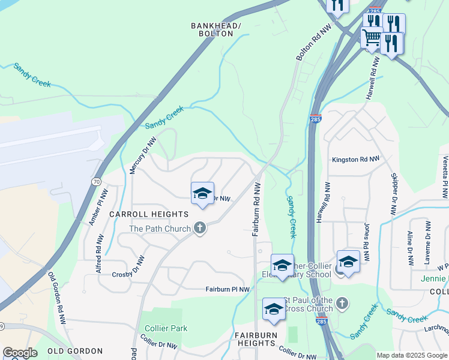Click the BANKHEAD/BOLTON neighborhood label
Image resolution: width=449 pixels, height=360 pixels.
pyautogui.click(x=215, y=29)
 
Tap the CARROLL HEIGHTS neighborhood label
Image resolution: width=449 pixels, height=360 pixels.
pyautogui.click(x=149, y=214)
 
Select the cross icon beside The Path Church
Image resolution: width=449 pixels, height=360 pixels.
pyautogui.click(x=200, y=228)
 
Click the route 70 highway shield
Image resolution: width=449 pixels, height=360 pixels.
pyautogui.click(x=96, y=181)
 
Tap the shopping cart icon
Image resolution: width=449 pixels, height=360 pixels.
pyautogui.click(x=371, y=38)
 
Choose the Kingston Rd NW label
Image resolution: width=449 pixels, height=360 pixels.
pyautogui.click(x=355, y=160)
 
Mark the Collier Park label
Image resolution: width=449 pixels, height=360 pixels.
pyautogui.click(x=166, y=328)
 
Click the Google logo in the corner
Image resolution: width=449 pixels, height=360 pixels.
pyautogui.click(x=19, y=353)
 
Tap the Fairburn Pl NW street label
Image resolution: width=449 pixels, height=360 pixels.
pyautogui.click(x=228, y=289)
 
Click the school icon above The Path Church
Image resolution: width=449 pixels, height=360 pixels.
pyautogui.click(x=202, y=193)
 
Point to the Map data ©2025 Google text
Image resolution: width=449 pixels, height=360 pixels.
pyautogui.click(x=412, y=355)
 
